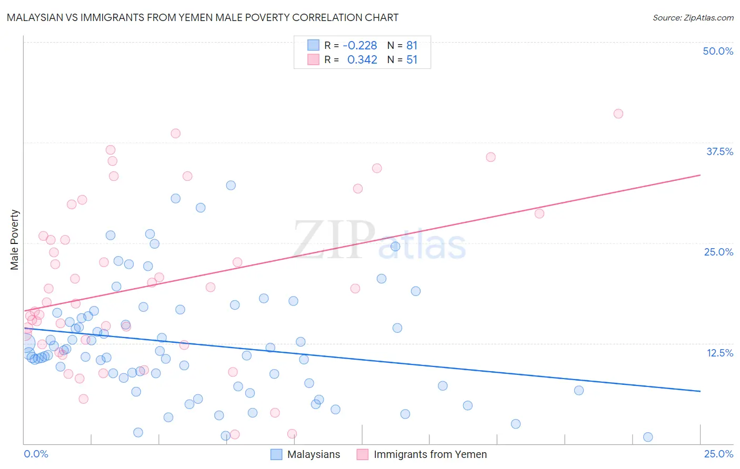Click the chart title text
(203, 17)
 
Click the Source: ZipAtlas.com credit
(693, 17)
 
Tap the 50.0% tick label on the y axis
(718, 51)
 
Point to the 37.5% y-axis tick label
(719, 151)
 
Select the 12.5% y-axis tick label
(719, 353)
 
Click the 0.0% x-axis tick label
(36, 454)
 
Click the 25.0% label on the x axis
(718, 454)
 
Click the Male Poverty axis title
(14, 240)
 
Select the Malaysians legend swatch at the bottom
(276, 454)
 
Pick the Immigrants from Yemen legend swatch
(362, 454)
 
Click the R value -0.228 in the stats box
(360, 46)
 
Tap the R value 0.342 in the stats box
(362, 60)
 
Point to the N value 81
(412, 46)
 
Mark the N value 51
(412, 60)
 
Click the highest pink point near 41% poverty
(618, 114)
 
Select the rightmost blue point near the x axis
(648, 437)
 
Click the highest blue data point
(231, 185)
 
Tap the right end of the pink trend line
(700, 175)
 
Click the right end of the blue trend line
(700, 391)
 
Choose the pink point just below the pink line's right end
(539, 213)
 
